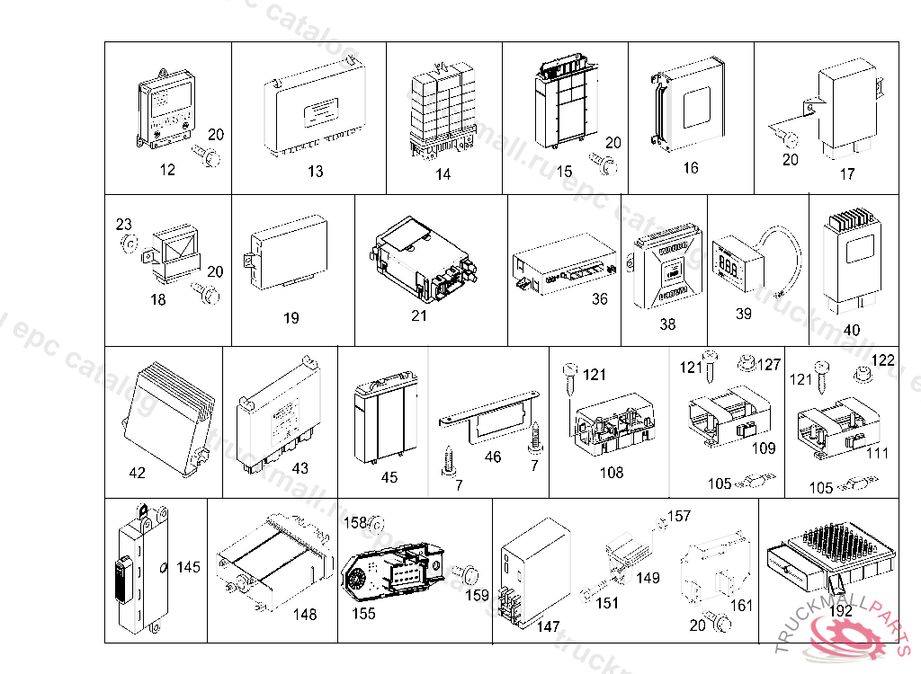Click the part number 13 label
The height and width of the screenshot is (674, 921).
(315, 171)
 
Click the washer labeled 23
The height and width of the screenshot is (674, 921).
(128, 242)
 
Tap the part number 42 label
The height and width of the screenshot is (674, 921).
(138, 473)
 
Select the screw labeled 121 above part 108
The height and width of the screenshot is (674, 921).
(569, 373)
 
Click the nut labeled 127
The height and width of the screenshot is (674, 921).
(744, 365)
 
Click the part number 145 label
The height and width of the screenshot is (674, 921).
(189, 567)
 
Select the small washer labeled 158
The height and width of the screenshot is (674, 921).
(379, 523)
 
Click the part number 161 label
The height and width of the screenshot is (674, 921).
(742, 606)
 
